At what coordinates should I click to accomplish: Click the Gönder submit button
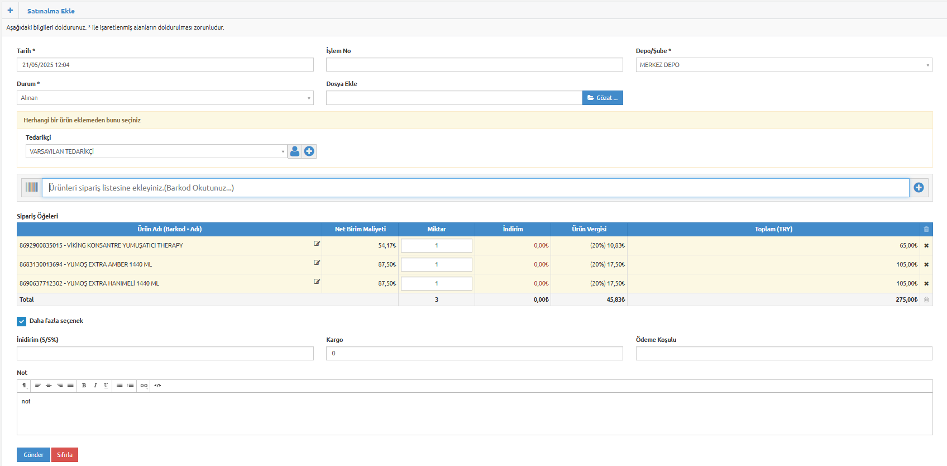[x=34, y=455]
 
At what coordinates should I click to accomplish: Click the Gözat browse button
[x=602, y=98]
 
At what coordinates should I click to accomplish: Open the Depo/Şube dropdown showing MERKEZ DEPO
[x=784, y=65]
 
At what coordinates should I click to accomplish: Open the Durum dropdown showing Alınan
[x=165, y=98]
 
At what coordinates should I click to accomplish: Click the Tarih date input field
[x=165, y=65]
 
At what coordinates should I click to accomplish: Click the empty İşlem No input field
[x=475, y=65]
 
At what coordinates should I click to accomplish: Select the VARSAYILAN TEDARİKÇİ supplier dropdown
[x=156, y=151]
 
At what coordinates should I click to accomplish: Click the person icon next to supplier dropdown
[x=295, y=151]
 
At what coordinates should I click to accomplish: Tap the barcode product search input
[x=476, y=188]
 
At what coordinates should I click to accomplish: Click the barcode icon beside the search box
[x=32, y=187]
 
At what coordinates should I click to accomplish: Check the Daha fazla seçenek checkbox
[x=22, y=321]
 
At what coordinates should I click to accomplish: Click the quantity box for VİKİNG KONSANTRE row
[x=436, y=245]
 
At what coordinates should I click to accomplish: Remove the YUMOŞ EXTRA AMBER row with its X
[x=926, y=265]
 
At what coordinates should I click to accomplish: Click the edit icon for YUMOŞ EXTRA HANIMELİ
[x=317, y=282]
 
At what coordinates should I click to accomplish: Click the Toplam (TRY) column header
[x=773, y=229]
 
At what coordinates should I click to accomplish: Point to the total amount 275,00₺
[x=906, y=299]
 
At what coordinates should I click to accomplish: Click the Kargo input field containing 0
[x=475, y=354]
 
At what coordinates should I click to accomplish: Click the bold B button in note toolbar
[x=84, y=386]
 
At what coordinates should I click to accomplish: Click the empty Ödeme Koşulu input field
[x=784, y=354]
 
